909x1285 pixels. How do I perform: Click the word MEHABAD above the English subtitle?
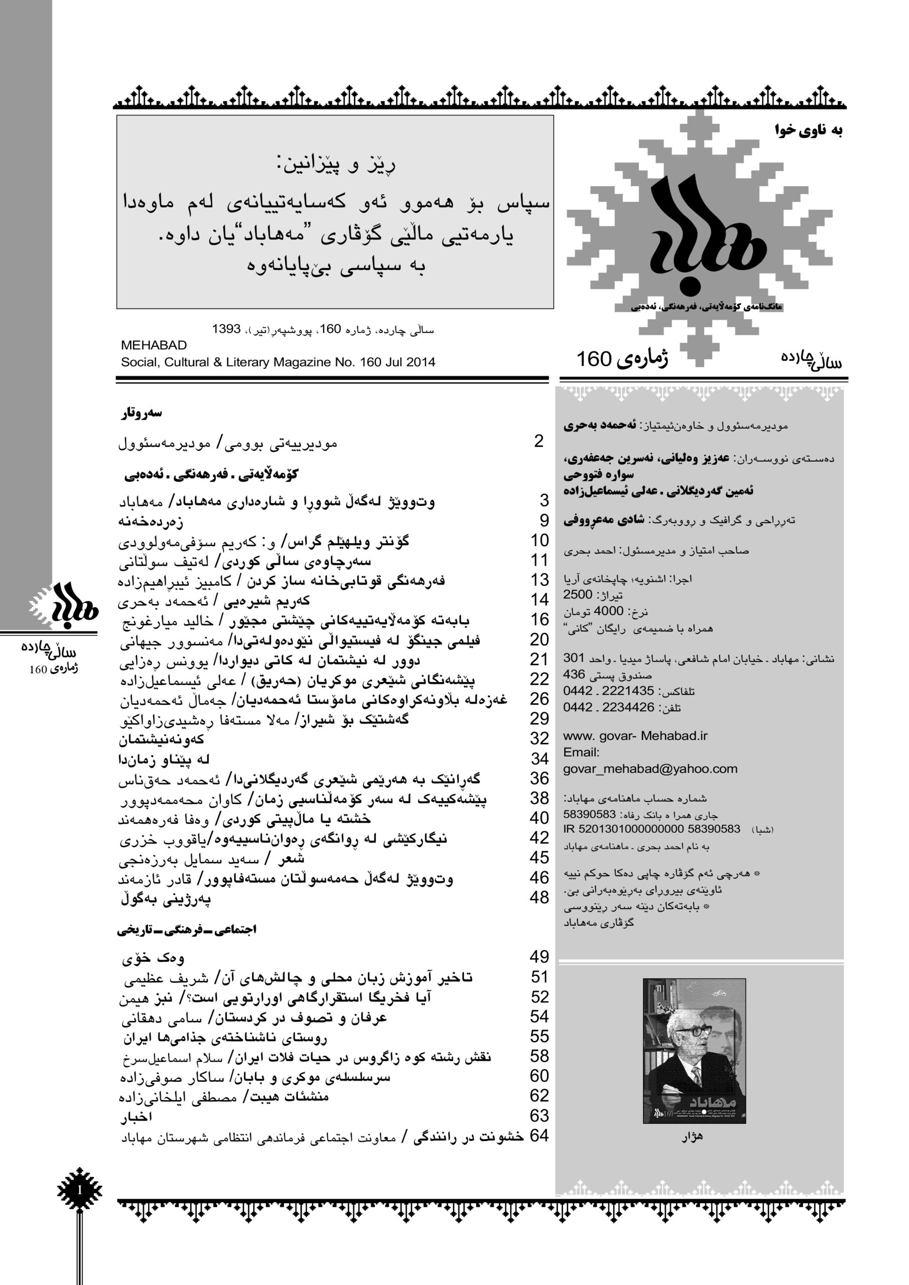pyautogui.click(x=154, y=345)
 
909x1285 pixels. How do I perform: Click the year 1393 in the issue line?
pyautogui.click(x=226, y=329)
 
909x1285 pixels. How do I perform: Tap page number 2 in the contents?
pyautogui.click(x=539, y=442)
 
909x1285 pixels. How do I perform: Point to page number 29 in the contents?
pyautogui.click(x=540, y=719)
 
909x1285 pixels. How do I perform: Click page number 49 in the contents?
pyautogui.click(x=540, y=957)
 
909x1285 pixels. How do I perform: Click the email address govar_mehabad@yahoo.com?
pyautogui.click(x=651, y=769)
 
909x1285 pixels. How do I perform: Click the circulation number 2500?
pyautogui.click(x=578, y=595)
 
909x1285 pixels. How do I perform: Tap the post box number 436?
pyautogui.click(x=574, y=675)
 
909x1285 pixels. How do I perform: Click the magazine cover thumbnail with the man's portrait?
pyautogui.click(x=694, y=1051)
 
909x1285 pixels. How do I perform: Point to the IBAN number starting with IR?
pyautogui.click(x=652, y=829)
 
